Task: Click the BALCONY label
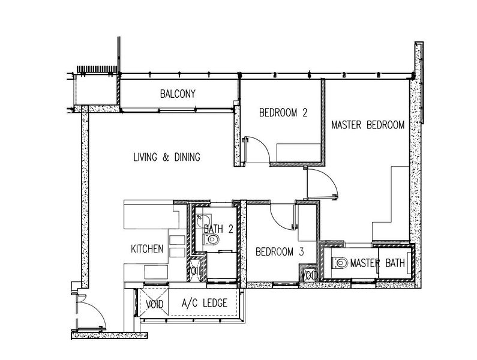(178, 94)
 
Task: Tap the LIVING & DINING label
(167, 157)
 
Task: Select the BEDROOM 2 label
(283, 113)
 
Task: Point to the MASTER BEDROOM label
(368, 125)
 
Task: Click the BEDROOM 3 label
(280, 251)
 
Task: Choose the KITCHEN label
(147, 248)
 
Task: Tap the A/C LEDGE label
(205, 303)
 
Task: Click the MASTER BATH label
(377, 263)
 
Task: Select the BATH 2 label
(218, 229)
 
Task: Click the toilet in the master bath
(340, 263)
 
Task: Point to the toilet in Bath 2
(211, 240)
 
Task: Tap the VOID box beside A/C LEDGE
(154, 302)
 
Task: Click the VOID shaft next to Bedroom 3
(309, 274)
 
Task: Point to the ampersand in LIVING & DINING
(166, 157)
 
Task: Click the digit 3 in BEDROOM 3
(301, 251)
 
